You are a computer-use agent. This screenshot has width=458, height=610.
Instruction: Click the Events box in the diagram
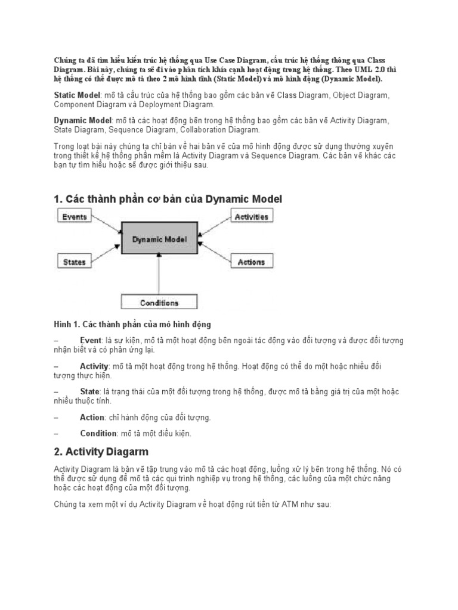tap(75, 217)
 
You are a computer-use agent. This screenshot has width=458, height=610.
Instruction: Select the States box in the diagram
tap(75, 262)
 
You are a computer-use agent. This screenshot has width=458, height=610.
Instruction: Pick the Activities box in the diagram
tap(251, 217)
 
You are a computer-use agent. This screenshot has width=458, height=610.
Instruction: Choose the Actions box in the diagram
tap(251, 262)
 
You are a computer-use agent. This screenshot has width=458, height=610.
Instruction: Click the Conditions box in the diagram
tap(159, 303)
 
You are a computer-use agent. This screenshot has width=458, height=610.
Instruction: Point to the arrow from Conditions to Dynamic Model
tap(159, 274)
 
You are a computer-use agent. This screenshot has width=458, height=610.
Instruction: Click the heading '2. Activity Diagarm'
tap(101, 452)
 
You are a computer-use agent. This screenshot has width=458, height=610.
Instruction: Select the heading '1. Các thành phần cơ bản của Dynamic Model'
tap(168, 199)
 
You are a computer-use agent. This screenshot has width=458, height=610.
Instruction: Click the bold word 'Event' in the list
tap(91, 340)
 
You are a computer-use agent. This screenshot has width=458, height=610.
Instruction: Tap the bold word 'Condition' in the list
tap(98, 433)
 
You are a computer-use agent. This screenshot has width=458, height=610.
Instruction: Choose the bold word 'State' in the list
tap(89, 391)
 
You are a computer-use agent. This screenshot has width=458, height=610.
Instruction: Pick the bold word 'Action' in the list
tap(92, 417)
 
